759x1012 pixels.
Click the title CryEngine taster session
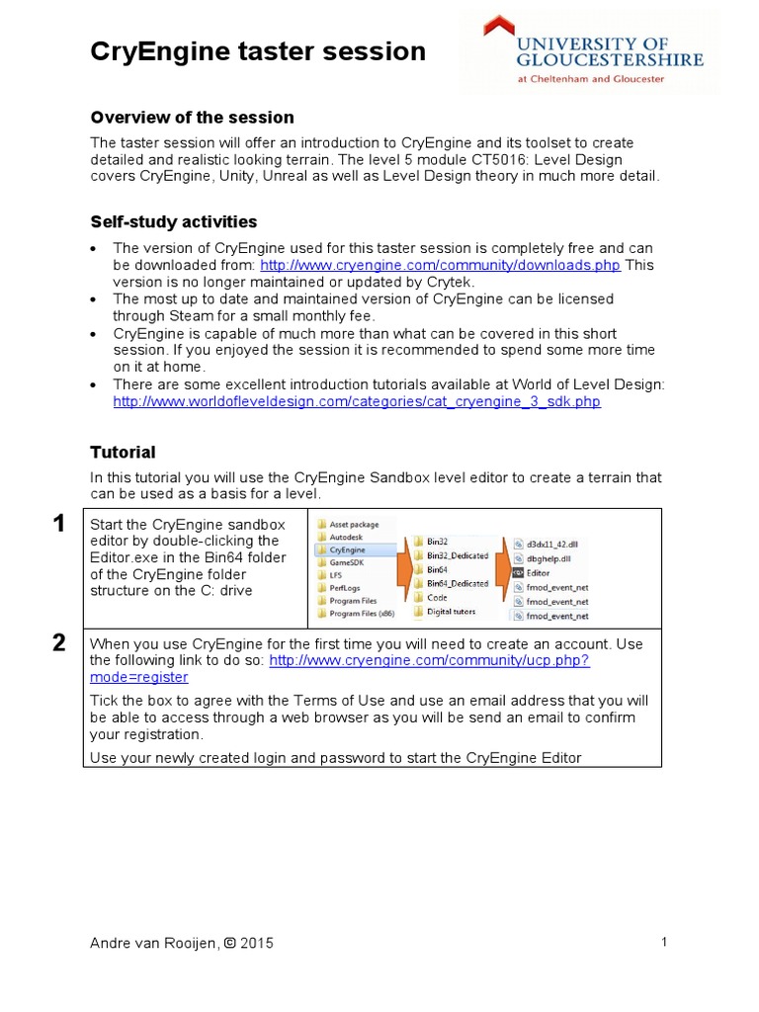[258, 51]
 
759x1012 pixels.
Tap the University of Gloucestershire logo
[589, 54]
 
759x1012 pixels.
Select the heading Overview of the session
[192, 118]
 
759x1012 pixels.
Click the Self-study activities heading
[174, 221]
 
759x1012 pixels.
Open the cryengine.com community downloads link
[441, 265]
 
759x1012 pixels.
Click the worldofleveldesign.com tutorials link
[357, 402]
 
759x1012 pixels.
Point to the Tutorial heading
[123, 452]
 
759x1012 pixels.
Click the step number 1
[59, 524]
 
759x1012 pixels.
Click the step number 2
[59, 643]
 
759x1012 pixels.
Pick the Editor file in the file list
[538, 572]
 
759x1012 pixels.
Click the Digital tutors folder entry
[451, 612]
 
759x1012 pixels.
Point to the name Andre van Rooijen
[153, 943]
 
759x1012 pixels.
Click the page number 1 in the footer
[664, 942]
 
